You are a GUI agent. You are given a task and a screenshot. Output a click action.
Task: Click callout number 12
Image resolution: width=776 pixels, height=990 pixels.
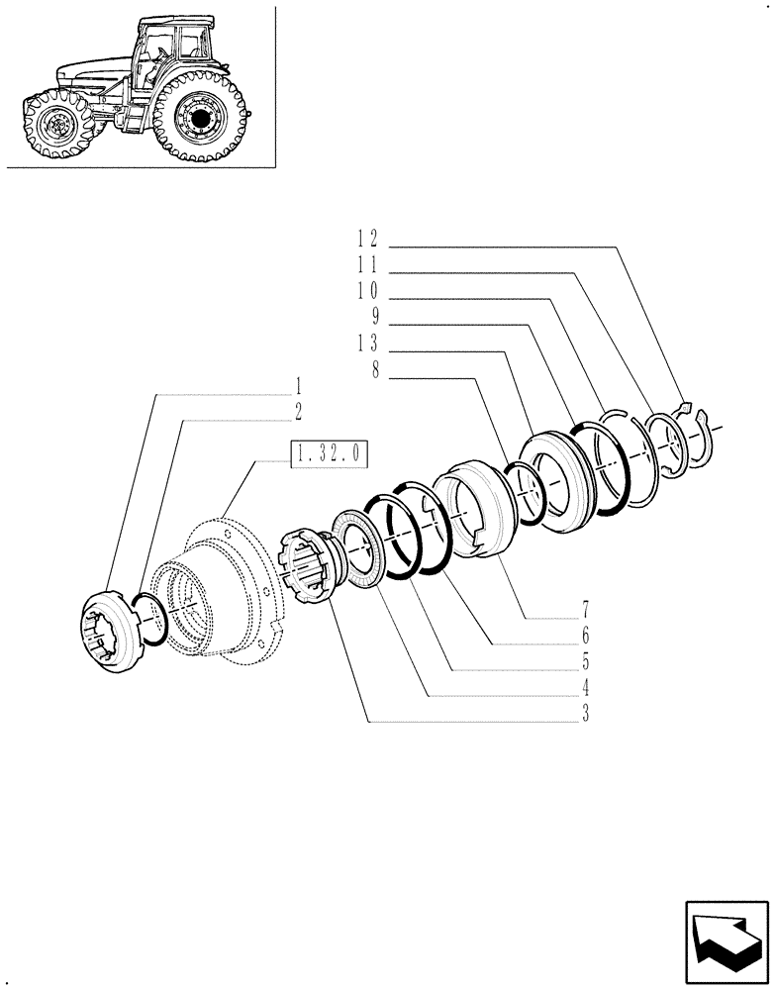[x=366, y=239]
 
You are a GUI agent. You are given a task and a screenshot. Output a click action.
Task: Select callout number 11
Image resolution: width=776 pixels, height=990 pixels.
[x=366, y=266]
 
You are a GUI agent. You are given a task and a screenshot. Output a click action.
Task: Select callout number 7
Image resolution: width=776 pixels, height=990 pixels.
[x=585, y=609]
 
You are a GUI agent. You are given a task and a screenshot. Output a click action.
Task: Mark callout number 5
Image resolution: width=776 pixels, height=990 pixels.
[x=585, y=660]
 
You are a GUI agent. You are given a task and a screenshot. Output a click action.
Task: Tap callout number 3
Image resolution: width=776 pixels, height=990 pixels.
[x=585, y=715]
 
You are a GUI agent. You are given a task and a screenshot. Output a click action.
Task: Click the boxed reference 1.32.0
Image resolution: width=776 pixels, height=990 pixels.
[x=329, y=454]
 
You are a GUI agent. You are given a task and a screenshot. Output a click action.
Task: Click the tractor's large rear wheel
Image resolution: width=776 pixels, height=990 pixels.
[x=199, y=118]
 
